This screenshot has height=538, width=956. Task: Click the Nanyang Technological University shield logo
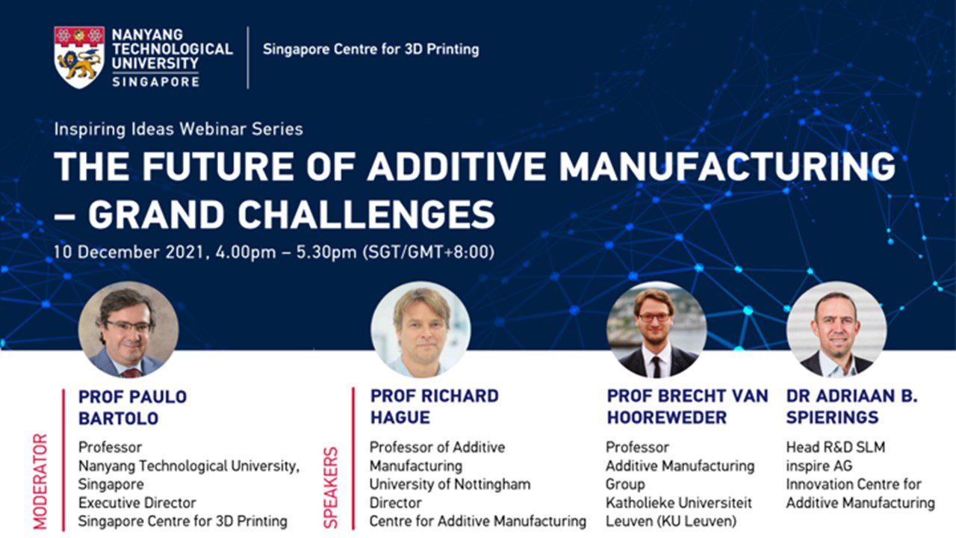(x=79, y=58)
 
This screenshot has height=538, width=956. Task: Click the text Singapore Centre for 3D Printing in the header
(x=371, y=49)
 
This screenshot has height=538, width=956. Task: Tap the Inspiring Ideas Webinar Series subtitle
(x=179, y=129)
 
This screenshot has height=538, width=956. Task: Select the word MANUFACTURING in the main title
(x=727, y=166)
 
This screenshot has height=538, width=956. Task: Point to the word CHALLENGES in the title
(x=366, y=214)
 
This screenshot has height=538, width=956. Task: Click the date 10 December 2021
(x=128, y=252)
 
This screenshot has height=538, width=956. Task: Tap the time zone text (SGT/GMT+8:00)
(x=429, y=252)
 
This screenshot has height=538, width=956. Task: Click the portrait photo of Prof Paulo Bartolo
(x=128, y=330)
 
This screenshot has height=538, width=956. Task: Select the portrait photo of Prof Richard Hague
(x=420, y=330)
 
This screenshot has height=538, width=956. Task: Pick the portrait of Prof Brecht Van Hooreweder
(x=657, y=330)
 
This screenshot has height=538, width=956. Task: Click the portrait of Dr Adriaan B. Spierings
(x=836, y=330)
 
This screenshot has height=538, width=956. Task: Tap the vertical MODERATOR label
(x=40, y=481)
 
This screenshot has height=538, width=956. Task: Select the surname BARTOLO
(x=119, y=418)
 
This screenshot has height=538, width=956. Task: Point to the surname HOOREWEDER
(x=667, y=418)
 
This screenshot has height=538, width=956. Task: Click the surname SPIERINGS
(x=832, y=418)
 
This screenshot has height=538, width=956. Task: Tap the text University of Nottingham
(x=450, y=485)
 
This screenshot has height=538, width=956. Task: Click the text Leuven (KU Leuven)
(x=671, y=522)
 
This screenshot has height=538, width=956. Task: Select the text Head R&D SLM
(x=836, y=447)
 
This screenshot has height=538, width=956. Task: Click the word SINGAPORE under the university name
(x=156, y=81)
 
